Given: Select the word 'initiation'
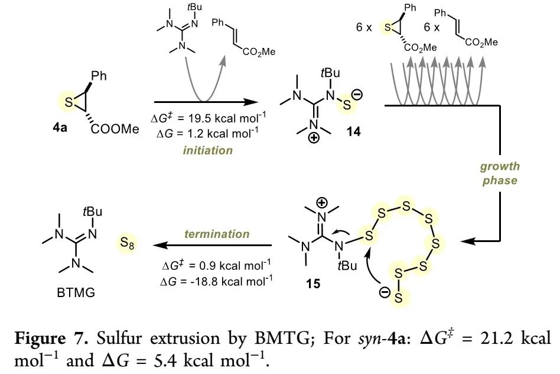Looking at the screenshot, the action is click(x=208, y=150).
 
